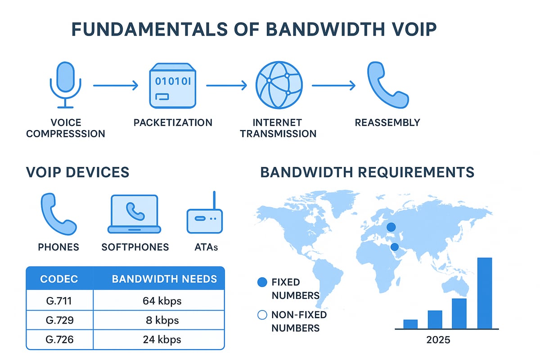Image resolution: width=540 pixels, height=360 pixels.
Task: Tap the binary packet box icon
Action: (173, 85)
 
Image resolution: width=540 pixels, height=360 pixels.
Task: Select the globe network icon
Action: (279, 85)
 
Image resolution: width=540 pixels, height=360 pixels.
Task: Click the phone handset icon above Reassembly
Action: (387, 85)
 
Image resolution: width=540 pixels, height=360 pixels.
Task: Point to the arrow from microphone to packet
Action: (115, 85)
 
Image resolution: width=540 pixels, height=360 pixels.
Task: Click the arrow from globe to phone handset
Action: (334, 85)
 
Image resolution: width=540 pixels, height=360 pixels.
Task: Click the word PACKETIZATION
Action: (173, 122)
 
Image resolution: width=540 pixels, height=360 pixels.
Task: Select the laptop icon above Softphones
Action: (134, 214)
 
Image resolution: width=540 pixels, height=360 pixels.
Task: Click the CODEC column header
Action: (59, 279)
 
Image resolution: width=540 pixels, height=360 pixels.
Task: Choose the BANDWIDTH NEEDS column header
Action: (164, 279)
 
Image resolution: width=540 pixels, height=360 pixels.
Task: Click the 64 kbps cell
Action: (158, 301)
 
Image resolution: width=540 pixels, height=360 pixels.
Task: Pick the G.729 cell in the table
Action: (59, 320)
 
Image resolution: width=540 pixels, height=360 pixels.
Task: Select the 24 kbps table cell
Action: (158, 340)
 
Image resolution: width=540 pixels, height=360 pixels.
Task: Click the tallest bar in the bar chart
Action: (484, 293)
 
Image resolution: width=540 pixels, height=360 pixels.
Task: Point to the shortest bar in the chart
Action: (410, 324)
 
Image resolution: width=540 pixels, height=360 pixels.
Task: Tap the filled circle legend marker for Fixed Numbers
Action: (262, 283)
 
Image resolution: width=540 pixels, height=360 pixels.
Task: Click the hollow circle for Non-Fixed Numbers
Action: (262, 315)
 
